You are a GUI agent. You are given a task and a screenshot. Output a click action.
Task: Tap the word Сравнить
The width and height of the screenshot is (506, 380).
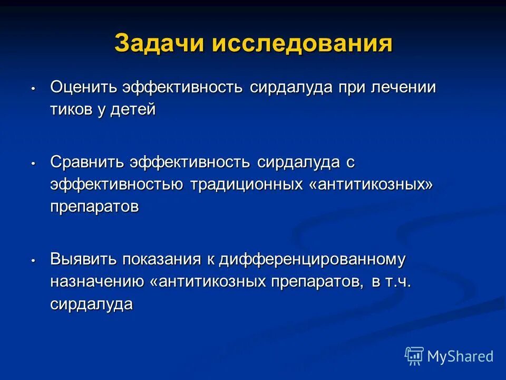tap(87, 162)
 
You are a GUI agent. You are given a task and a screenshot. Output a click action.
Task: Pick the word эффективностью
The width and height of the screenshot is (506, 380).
tap(116, 185)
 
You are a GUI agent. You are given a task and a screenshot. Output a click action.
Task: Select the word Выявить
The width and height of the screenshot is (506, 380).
tap(83, 259)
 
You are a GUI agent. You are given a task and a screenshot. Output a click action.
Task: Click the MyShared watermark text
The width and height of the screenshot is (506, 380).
tap(460, 356)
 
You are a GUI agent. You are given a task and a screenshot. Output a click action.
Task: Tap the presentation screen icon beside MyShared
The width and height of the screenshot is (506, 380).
tap(414, 356)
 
